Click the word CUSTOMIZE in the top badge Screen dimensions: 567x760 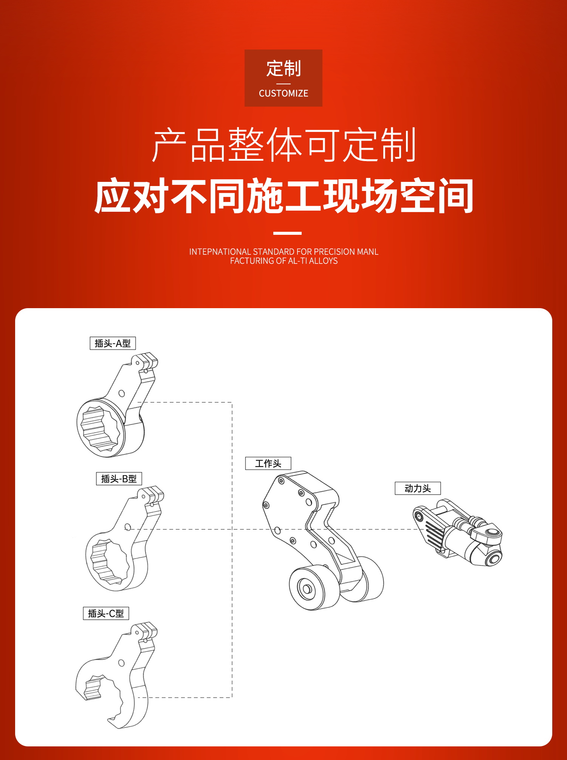pos(283,93)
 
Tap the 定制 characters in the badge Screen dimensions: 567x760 pos(283,68)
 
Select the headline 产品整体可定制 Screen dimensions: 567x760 pos(284,145)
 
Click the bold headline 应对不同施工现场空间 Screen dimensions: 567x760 pos(283,196)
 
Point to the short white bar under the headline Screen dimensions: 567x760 pos(287,233)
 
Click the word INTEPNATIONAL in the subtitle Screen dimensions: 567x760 pos(220,252)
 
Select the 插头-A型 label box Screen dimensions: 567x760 pos(113,343)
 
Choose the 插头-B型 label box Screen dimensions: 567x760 pos(119,479)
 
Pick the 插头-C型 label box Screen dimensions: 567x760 pos(106,613)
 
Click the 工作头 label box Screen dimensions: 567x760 pos(268,463)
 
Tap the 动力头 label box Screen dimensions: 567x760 pos(418,488)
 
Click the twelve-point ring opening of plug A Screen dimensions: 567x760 pos(100,429)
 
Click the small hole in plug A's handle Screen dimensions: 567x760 pos(122,394)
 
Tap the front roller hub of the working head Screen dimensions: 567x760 pos(307,589)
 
